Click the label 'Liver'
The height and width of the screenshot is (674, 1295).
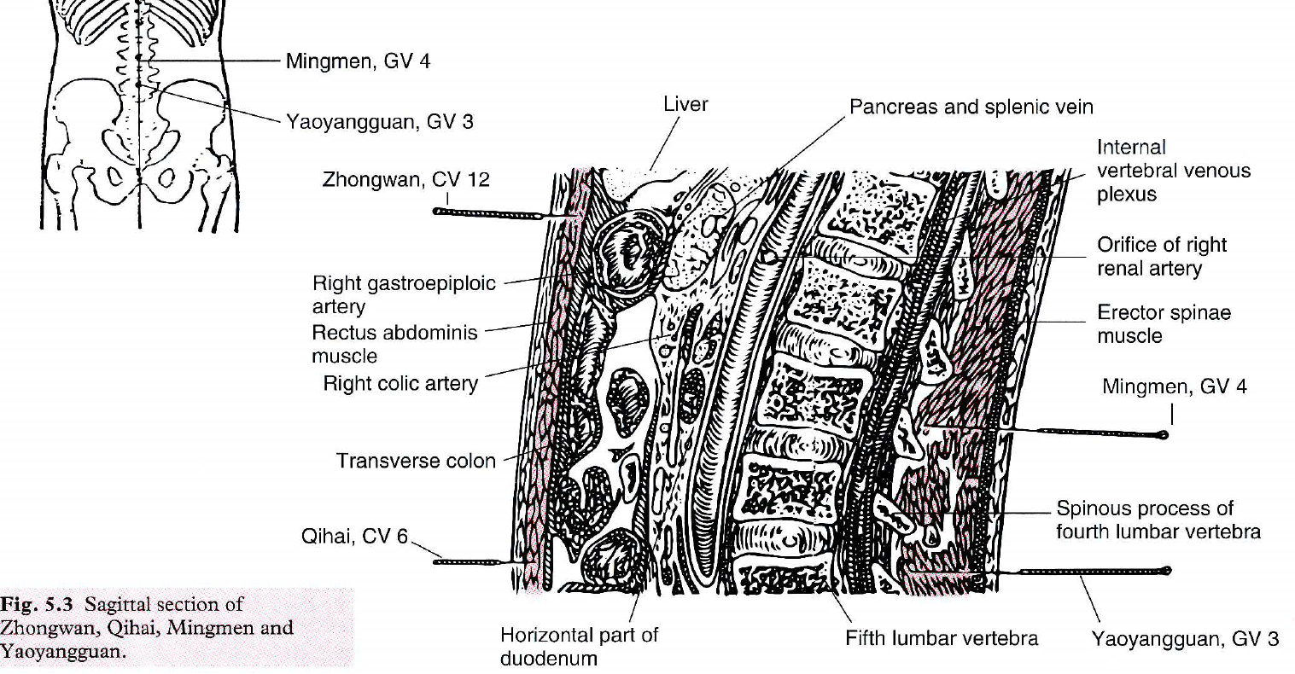coord(685,104)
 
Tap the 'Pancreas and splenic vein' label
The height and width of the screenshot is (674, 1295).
coord(971,107)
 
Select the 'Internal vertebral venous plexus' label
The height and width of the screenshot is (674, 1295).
coord(1173,171)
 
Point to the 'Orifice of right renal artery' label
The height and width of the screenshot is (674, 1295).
coord(1162,257)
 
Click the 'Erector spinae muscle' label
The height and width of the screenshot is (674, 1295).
coord(1164,324)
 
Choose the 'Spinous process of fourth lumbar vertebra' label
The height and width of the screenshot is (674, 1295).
coord(1158,520)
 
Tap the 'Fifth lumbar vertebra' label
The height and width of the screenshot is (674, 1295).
coord(942,638)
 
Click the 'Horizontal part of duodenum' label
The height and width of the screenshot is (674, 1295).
coord(579,646)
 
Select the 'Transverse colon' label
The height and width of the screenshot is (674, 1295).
coord(416,462)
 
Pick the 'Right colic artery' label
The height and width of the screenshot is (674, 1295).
coord(400,384)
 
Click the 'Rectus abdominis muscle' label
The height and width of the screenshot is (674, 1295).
coord(394,344)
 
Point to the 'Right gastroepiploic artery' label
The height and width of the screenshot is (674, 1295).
coord(403,294)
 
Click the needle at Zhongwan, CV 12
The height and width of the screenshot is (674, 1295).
coord(487,213)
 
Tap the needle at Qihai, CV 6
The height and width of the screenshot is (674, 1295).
coord(470,561)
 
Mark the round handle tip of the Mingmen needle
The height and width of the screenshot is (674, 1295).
coord(1162,435)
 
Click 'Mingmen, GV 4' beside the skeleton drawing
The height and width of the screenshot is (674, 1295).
coord(358,61)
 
